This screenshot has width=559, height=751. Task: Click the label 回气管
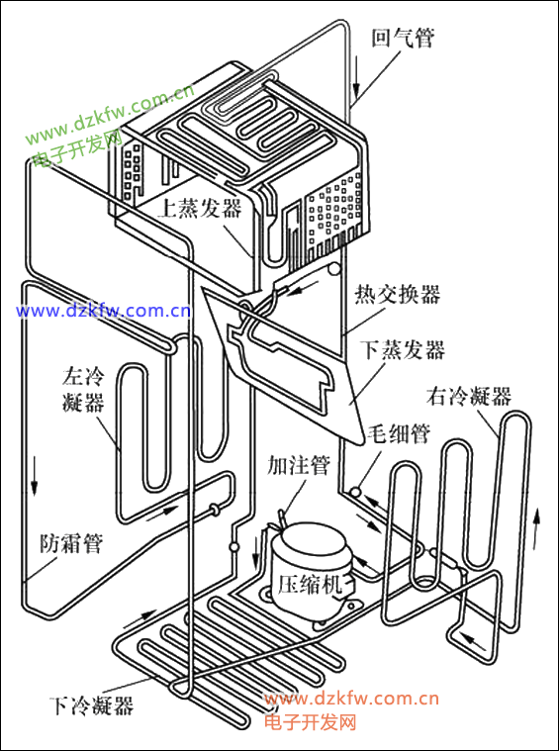tap(403, 39)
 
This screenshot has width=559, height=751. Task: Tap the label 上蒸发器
tap(201, 208)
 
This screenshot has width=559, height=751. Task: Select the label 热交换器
tap(397, 294)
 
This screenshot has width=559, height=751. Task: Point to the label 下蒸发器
tap(404, 349)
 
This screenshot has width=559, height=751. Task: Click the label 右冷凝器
tap(469, 397)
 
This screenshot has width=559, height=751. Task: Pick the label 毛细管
tap(399, 434)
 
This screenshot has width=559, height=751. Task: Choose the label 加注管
tap(299, 464)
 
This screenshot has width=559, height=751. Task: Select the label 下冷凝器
tap(91, 705)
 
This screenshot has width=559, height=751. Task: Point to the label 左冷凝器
tap(83, 390)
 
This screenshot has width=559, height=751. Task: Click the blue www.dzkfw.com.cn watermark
tap(104, 312)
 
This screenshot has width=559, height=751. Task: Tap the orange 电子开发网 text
tap(310, 720)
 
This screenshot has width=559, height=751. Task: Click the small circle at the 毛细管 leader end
tap(356, 492)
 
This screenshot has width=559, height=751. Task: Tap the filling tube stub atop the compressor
tap(284, 518)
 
